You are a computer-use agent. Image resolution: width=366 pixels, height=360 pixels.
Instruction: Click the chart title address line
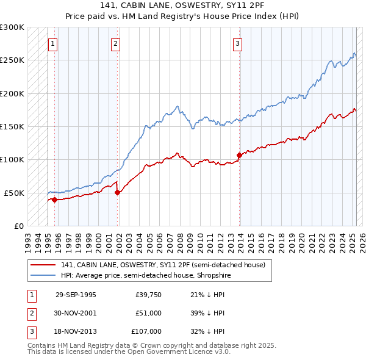coord(182,5)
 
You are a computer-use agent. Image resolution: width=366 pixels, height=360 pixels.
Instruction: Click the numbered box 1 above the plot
coord(54,43)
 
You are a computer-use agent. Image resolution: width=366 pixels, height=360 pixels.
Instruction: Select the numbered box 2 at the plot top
coord(116,43)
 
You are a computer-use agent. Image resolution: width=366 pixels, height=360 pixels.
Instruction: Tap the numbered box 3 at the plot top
coord(237,43)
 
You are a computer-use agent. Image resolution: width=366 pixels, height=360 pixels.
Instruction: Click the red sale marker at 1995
coord(54,200)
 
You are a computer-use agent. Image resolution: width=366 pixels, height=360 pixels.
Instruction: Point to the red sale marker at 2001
coord(118,192)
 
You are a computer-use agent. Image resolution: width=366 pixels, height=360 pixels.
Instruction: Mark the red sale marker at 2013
coord(239,155)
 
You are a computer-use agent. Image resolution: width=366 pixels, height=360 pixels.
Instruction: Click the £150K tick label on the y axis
coord(12,126)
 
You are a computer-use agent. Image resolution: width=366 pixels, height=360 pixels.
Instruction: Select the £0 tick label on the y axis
coord(17,226)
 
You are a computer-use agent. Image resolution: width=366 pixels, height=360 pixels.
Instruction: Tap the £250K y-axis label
coord(12,60)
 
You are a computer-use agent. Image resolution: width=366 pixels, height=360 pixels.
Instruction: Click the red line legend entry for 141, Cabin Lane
coord(162,265)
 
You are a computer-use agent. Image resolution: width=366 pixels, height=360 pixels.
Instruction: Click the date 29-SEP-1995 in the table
coord(76,295)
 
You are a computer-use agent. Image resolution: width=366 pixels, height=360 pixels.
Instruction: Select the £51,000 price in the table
coord(148,313)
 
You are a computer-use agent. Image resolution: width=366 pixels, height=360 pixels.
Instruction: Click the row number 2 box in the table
coord(30,313)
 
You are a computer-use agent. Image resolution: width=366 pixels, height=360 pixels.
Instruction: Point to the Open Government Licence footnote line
coord(129,352)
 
